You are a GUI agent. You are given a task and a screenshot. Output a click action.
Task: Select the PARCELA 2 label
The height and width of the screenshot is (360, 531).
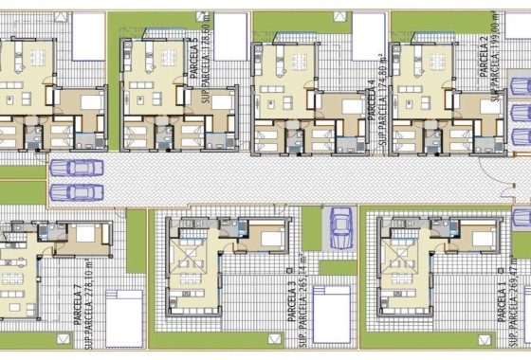pos(485,53)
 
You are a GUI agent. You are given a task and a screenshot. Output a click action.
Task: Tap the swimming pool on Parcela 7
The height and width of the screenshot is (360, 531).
pos(124,318)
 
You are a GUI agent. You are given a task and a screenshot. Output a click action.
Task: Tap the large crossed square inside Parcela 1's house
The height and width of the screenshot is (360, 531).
pos(403,261)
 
